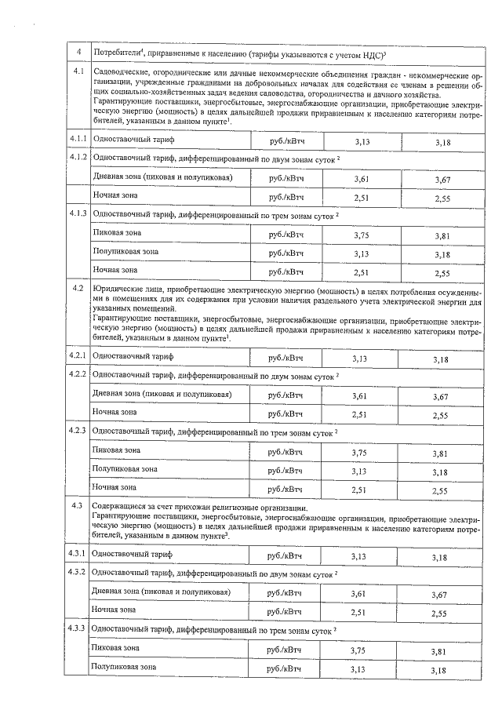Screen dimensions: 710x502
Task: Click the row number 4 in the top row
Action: (78, 52)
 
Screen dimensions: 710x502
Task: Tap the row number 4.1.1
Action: (78, 140)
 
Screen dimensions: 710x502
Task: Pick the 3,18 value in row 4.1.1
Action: (442, 142)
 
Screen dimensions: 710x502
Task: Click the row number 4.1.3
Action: (78, 213)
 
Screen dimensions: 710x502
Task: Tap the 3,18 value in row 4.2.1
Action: (442, 359)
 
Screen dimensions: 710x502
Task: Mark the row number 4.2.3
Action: (77, 431)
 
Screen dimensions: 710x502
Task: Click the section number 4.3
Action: (77, 507)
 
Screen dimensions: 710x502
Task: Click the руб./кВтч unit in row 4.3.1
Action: (285, 555)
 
